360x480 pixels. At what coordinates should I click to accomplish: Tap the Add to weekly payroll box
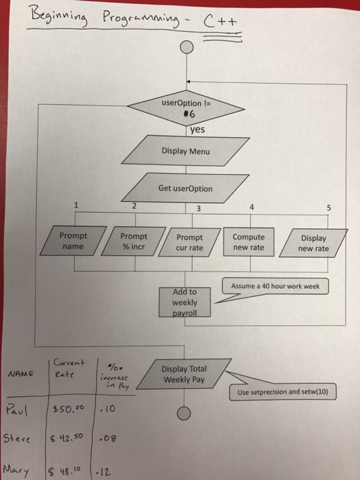point(185,302)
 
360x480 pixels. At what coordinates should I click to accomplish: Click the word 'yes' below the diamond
point(197,128)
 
